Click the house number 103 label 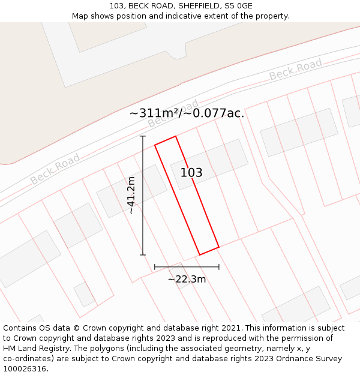(191, 173)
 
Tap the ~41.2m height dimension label (131, 196)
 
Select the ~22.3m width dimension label (187, 279)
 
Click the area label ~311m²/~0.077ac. (187, 113)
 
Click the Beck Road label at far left (55, 169)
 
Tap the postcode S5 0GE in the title (239, 6)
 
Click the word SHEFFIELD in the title (197, 6)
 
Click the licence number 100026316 (25, 369)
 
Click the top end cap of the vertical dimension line (143, 137)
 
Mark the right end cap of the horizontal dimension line (218, 266)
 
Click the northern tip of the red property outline (175, 136)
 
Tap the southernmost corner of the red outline (200, 255)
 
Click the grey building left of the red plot (132, 191)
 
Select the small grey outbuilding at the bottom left (84, 294)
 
